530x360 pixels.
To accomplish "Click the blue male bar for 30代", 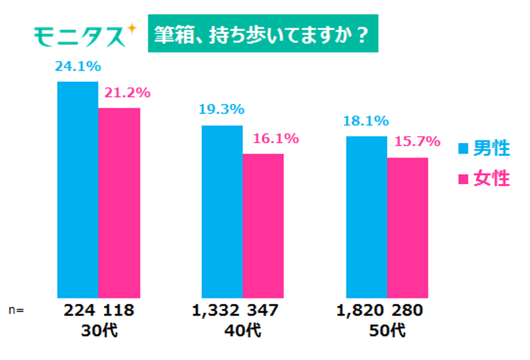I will [78, 189].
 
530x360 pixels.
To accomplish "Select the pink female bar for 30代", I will [119, 203].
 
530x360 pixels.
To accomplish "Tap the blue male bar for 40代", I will [222, 211].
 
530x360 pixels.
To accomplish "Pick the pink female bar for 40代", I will [263, 225].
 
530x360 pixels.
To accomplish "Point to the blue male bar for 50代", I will [366, 217].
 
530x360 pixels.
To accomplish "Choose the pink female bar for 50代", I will [407, 228].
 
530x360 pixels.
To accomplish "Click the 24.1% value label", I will [78, 67].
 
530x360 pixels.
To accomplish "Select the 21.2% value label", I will [127, 93].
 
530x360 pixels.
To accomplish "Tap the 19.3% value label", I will [222, 109].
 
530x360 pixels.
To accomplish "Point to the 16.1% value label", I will [276, 139].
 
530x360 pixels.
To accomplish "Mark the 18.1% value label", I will [366, 121].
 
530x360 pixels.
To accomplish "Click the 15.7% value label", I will [417, 142].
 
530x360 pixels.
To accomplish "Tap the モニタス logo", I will [85, 36].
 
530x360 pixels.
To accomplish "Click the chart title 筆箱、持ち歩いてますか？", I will [263, 34].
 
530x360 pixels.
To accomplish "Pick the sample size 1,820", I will [360, 311].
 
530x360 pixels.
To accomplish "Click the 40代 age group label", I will [243, 331].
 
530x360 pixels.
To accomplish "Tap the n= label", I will [16, 311].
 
